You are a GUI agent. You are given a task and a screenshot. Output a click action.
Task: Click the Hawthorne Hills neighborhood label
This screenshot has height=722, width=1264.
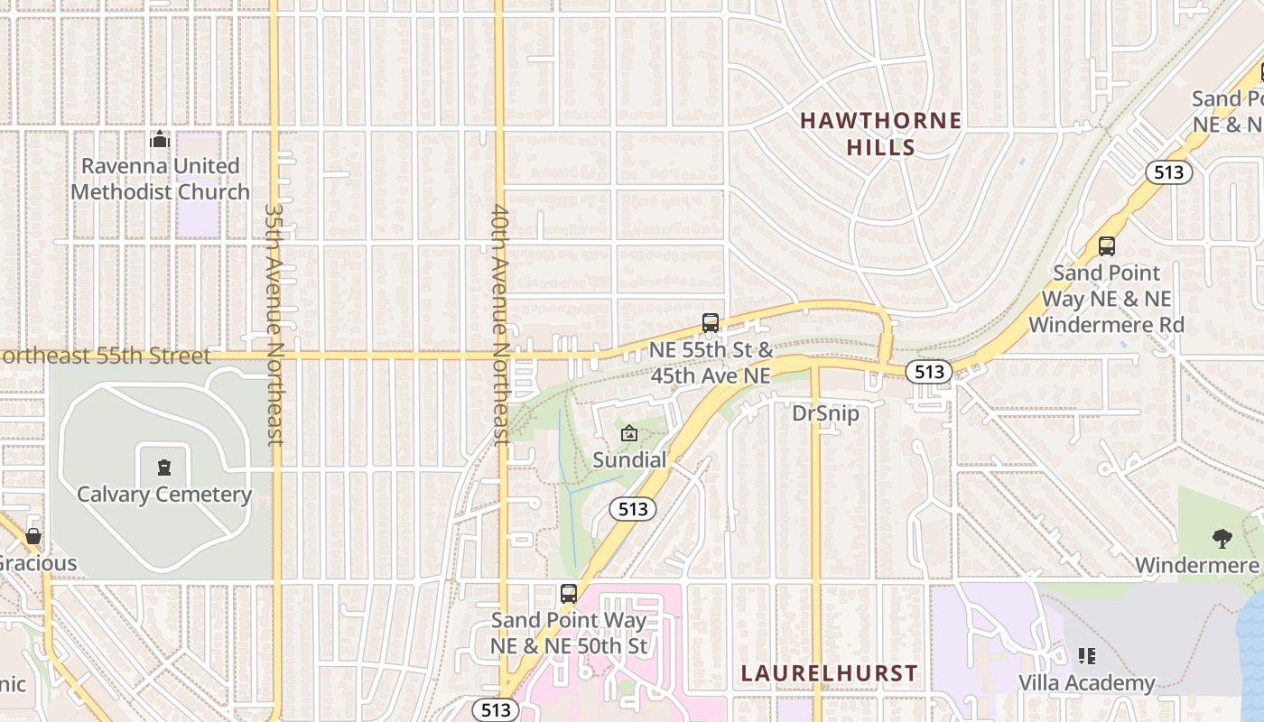(880, 134)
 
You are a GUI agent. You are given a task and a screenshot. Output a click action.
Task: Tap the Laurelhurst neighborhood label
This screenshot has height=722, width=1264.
(829, 673)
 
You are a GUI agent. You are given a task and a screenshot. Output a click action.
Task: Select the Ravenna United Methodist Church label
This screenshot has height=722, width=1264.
(161, 179)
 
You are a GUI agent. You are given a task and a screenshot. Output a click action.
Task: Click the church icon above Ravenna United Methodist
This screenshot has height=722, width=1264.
(160, 139)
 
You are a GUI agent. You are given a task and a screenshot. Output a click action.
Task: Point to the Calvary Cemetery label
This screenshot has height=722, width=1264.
(164, 495)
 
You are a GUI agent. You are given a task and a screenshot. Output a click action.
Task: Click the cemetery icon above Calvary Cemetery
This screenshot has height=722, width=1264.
(163, 467)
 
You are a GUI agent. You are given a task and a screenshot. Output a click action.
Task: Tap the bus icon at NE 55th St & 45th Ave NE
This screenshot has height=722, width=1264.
(711, 323)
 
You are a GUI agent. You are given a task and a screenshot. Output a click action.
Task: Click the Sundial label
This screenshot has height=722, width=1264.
(629, 460)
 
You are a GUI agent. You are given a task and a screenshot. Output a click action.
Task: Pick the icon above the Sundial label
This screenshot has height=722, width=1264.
(629, 434)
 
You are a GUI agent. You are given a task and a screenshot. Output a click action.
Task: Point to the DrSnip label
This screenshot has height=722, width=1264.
(825, 414)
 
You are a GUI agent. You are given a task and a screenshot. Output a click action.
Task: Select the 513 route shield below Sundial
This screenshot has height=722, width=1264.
(633, 509)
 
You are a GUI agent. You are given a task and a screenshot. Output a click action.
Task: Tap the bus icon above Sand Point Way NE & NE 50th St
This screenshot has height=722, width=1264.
(568, 594)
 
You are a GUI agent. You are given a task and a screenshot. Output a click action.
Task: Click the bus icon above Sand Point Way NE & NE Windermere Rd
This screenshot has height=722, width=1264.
(1106, 245)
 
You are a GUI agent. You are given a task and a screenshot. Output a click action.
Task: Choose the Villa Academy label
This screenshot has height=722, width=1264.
(1087, 683)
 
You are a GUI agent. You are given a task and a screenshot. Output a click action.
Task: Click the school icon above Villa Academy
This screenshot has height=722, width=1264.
(1087, 656)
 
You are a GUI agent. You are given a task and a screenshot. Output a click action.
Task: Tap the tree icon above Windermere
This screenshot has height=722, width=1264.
(1222, 539)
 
